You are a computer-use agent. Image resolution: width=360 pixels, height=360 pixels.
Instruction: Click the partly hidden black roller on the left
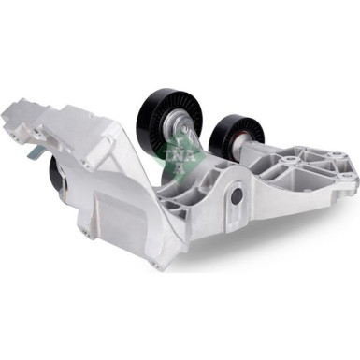point(58,174)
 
